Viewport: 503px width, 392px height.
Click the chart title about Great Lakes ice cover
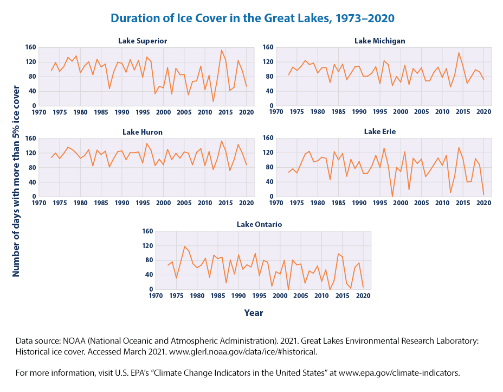point(251,18)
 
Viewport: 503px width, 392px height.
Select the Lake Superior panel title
point(143,41)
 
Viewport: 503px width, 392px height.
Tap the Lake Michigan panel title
point(379,41)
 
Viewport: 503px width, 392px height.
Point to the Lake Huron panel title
point(143,131)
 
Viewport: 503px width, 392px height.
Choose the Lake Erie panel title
point(379,131)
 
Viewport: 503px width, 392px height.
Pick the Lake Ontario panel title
point(260,224)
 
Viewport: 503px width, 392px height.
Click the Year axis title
point(253,313)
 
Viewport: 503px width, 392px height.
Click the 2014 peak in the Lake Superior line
point(221,50)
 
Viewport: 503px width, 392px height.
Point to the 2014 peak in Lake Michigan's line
point(459,53)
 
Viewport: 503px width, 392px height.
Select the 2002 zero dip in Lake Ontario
point(288,289)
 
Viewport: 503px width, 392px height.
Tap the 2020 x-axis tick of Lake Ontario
point(363,296)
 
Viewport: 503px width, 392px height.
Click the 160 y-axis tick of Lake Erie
point(266,138)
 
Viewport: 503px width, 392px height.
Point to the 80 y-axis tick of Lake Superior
point(29,77)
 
